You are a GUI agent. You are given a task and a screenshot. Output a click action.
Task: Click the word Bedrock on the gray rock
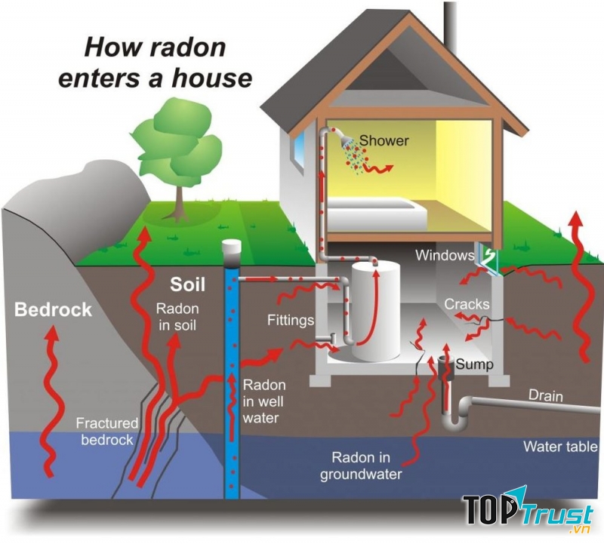53,309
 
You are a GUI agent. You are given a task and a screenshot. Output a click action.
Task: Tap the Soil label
186,285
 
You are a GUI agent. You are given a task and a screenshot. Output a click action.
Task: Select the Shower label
384,140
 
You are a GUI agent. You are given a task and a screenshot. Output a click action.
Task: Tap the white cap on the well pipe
232,248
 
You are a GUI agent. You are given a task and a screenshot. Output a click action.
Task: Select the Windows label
444,256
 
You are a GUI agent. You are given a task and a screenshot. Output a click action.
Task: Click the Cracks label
467,304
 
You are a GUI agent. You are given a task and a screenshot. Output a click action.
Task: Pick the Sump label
474,364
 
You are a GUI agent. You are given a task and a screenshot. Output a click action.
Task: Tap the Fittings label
290,320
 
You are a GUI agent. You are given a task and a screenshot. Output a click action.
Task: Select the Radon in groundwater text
361,466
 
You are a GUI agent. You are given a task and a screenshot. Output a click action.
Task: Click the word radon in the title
187,47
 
